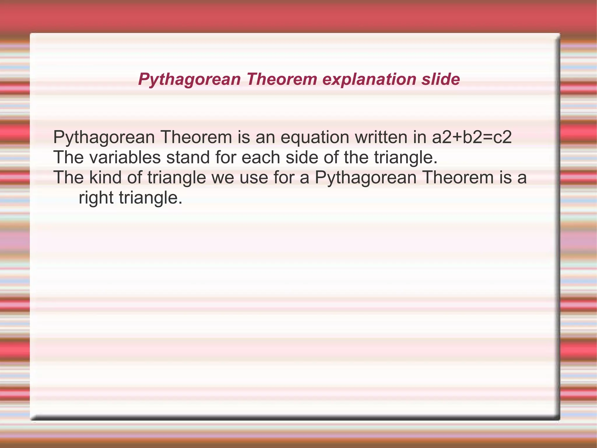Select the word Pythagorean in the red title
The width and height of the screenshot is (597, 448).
point(189,79)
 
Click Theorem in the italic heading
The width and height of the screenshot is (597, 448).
point(282,79)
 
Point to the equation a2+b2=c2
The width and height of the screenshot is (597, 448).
point(472,137)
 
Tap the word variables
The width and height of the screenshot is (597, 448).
point(125,157)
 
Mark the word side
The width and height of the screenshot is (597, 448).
point(301,157)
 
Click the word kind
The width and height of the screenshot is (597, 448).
point(105,177)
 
